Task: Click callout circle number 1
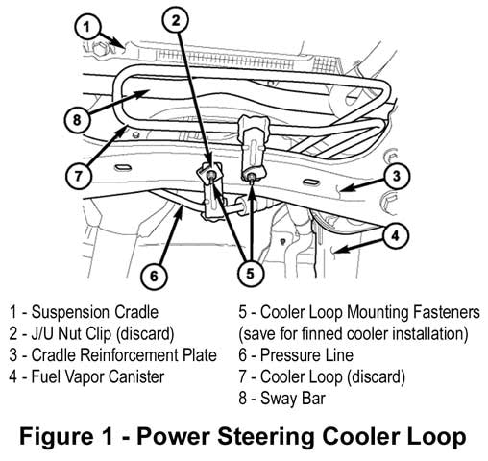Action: pos(87,28)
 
